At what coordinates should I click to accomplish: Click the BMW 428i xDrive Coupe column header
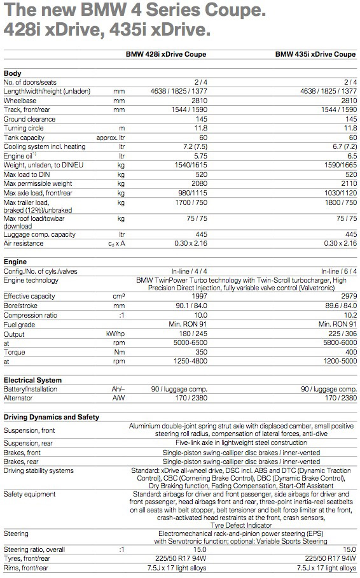pos(165,54)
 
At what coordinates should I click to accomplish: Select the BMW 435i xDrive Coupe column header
pos(315,54)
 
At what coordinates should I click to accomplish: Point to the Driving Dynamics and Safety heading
pos(52,417)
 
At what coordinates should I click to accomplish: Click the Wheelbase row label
pos(21,101)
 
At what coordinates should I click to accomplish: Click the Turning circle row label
pos(24,128)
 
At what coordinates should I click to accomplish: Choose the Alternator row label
pos(18,398)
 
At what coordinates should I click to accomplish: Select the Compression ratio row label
pos(31,314)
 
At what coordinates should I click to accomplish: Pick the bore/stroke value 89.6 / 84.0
pos(338,306)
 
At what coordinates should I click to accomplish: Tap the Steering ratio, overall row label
pos(34,549)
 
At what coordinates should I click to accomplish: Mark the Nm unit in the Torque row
pos(119,351)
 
